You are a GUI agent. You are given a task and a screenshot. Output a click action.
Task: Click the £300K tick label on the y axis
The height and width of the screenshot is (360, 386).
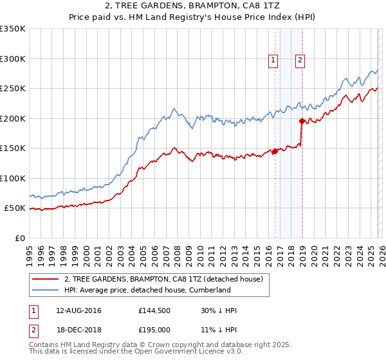tap(13, 59)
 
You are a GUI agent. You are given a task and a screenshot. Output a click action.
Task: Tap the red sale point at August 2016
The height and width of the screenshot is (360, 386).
tap(275, 151)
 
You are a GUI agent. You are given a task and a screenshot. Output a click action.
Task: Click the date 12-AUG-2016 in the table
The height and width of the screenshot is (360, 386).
tap(75, 310)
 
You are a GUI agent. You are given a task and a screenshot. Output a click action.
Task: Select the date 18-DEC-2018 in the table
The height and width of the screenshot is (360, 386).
tap(75, 330)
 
